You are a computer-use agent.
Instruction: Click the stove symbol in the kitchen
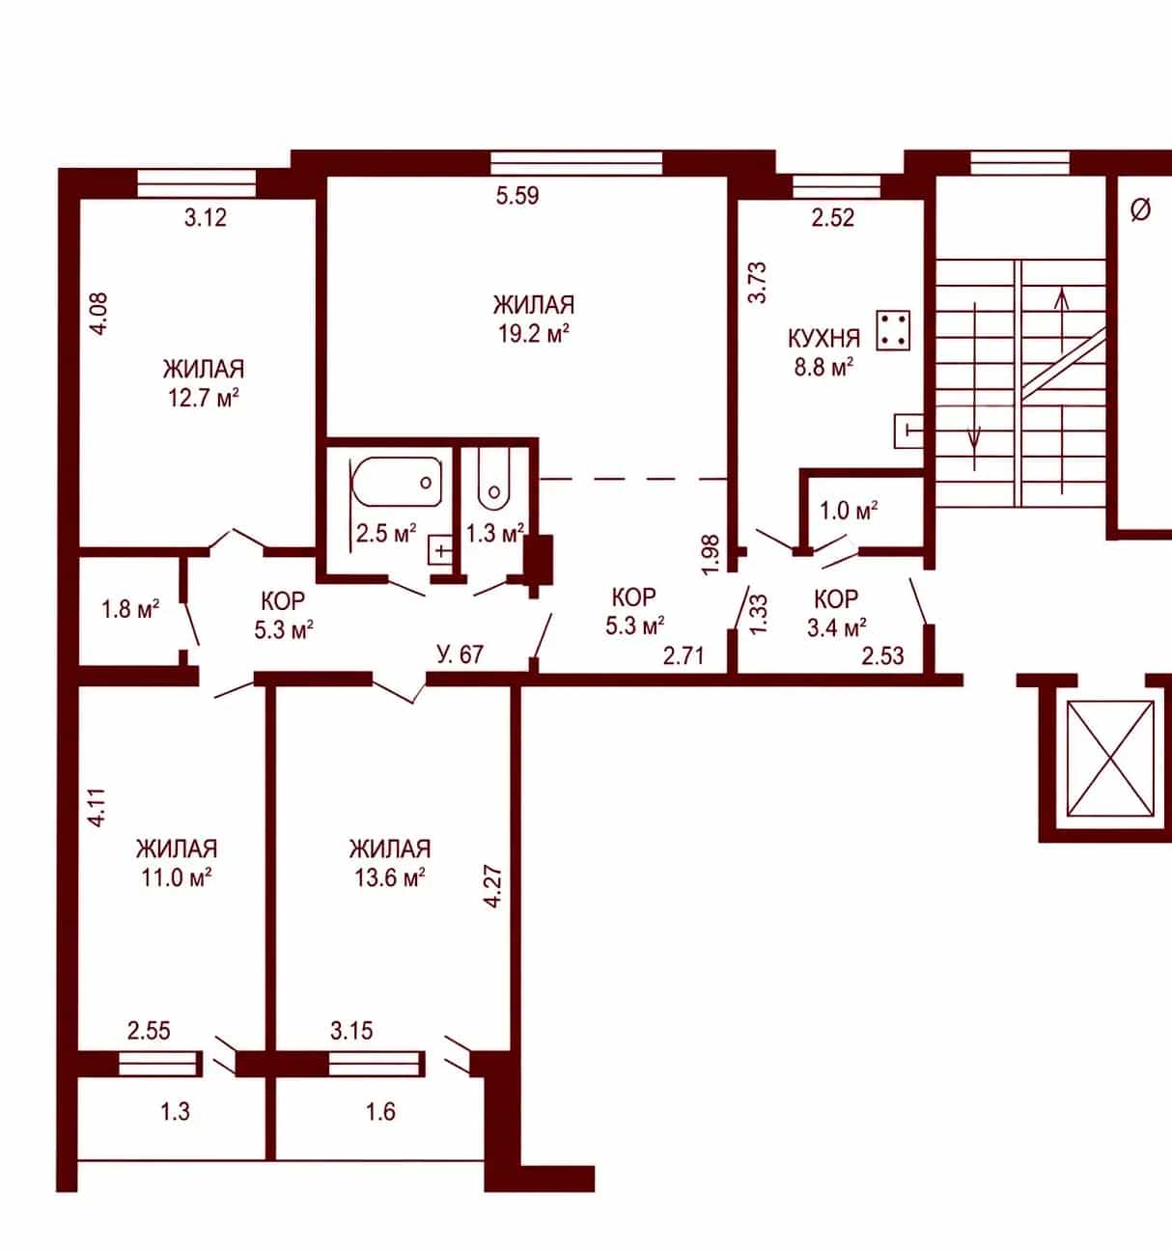(893, 330)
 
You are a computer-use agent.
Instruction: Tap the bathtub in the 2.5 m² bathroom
(397, 482)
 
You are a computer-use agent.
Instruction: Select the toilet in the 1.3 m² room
(493, 478)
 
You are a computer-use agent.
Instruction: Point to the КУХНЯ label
(823, 338)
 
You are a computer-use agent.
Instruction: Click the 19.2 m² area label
(534, 333)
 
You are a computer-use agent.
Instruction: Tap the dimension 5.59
(517, 196)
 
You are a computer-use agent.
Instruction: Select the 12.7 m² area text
(203, 398)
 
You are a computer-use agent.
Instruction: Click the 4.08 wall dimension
(99, 314)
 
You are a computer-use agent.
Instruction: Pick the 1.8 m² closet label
(130, 609)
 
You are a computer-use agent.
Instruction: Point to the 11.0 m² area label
(176, 877)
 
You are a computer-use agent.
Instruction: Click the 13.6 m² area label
(390, 877)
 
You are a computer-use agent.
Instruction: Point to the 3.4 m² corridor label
(836, 627)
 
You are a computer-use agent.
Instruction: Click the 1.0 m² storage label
(849, 511)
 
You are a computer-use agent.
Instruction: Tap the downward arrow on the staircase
(975, 385)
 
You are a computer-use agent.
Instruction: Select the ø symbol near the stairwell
(1140, 209)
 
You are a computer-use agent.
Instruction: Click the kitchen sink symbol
(908, 431)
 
